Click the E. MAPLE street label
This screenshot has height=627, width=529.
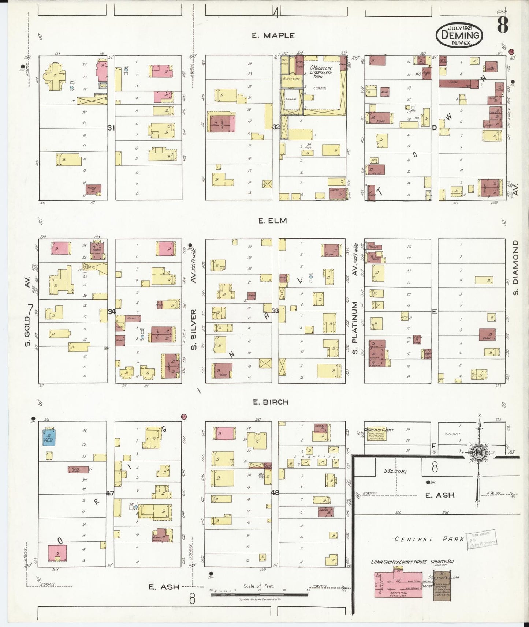(x=273, y=35)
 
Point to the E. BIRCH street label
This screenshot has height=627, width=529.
(x=271, y=402)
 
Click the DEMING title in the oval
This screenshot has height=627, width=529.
(x=460, y=35)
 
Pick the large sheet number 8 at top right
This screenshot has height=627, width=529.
(x=502, y=25)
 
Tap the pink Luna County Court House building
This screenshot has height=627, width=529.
(x=398, y=586)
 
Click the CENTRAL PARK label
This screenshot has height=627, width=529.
(x=429, y=539)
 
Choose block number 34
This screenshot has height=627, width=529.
(x=112, y=312)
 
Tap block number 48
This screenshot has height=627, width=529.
(x=275, y=493)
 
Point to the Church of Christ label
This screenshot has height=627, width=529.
(x=379, y=430)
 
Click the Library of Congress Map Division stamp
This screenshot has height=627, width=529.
(x=481, y=539)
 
